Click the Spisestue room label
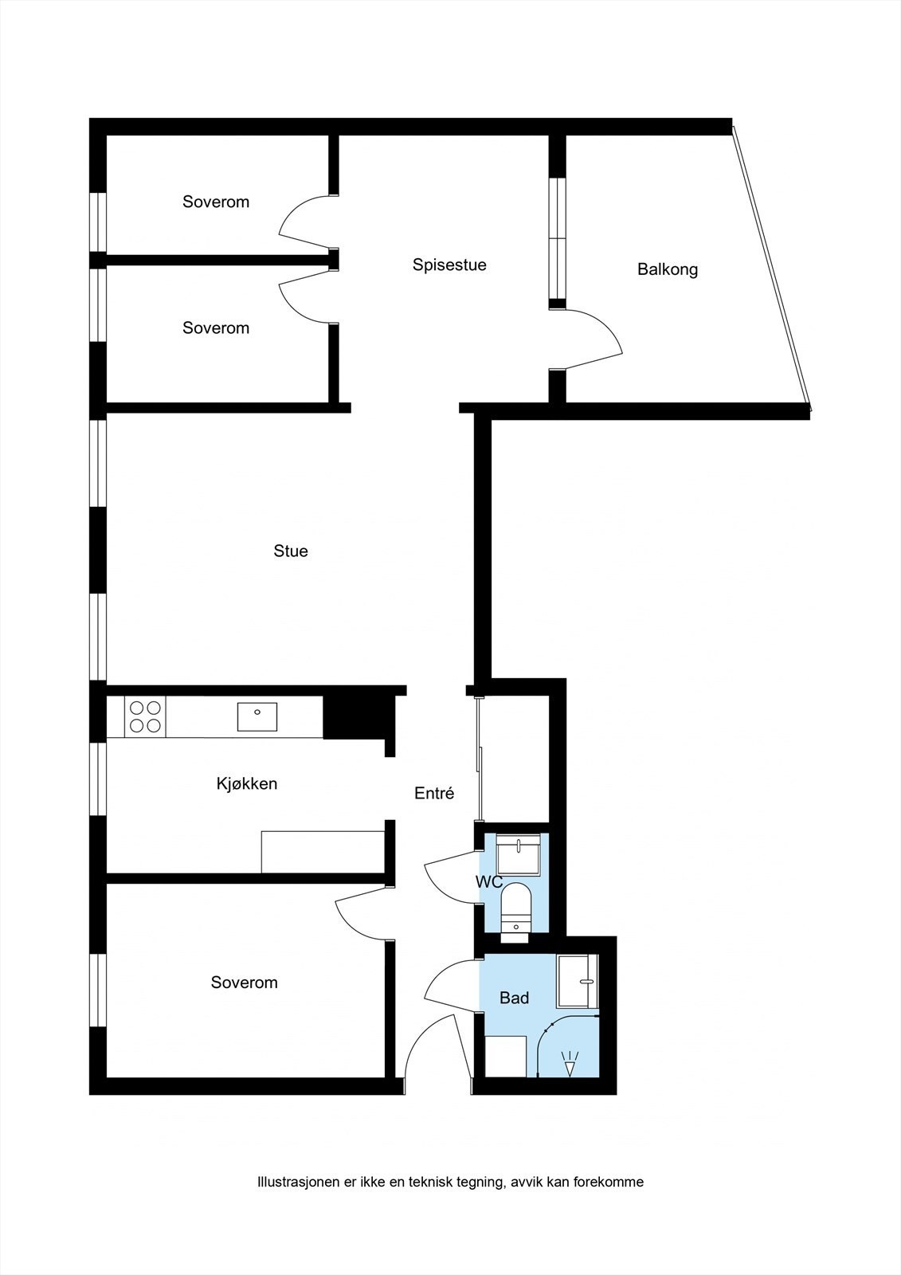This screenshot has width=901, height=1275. [x=449, y=265]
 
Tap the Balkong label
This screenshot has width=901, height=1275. [x=668, y=269]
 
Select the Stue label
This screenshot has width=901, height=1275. [x=291, y=551]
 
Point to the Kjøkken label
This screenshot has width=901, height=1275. [x=247, y=784]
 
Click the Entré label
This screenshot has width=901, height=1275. [x=434, y=794]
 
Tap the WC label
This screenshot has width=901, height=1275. [x=488, y=882]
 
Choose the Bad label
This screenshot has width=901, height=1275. [x=514, y=998]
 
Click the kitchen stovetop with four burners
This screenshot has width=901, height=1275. [x=145, y=716]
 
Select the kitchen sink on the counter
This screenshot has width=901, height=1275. [x=257, y=716]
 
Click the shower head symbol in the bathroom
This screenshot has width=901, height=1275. [x=570, y=1064]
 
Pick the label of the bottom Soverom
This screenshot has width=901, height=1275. [x=244, y=983]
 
